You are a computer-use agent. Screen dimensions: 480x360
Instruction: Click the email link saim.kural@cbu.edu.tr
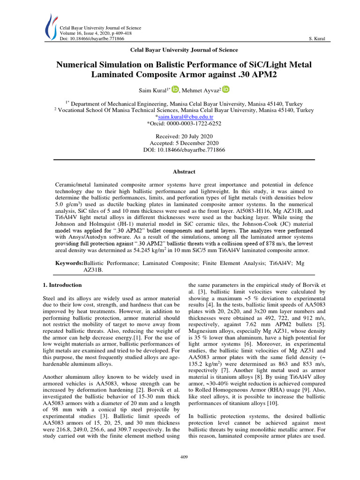tap(185, 117)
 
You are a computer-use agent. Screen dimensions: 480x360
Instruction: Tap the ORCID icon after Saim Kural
tap(175, 89)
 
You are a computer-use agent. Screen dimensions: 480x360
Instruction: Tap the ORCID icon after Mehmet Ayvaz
tap(226, 89)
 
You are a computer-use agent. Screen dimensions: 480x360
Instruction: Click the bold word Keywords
tap(68, 264)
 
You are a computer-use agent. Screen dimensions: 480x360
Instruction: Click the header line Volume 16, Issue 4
tap(87, 33)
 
